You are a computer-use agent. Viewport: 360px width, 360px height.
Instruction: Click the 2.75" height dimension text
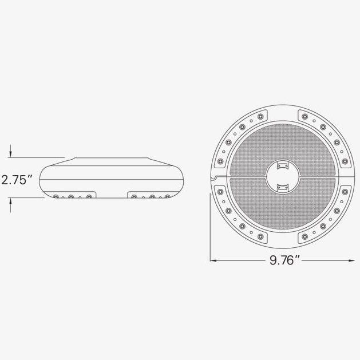(x=16, y=180)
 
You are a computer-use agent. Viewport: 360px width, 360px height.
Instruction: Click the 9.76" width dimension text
(x=284, y=261)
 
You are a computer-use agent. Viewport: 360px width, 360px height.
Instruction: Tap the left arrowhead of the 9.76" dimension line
(x=213, y=261)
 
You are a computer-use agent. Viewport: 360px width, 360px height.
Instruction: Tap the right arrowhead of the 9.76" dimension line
(x=350, y=261)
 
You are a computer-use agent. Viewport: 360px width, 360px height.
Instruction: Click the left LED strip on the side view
(x=72, y=197)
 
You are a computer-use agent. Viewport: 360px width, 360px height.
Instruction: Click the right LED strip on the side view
(x=150, y=197)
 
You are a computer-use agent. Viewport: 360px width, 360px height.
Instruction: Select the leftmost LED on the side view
(x=56, y=197)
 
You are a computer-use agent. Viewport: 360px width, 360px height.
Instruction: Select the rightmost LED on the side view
(x=167, y=197)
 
